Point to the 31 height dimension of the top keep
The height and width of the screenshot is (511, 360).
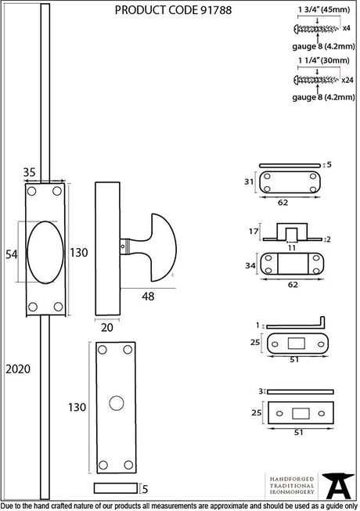pos(249,182)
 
